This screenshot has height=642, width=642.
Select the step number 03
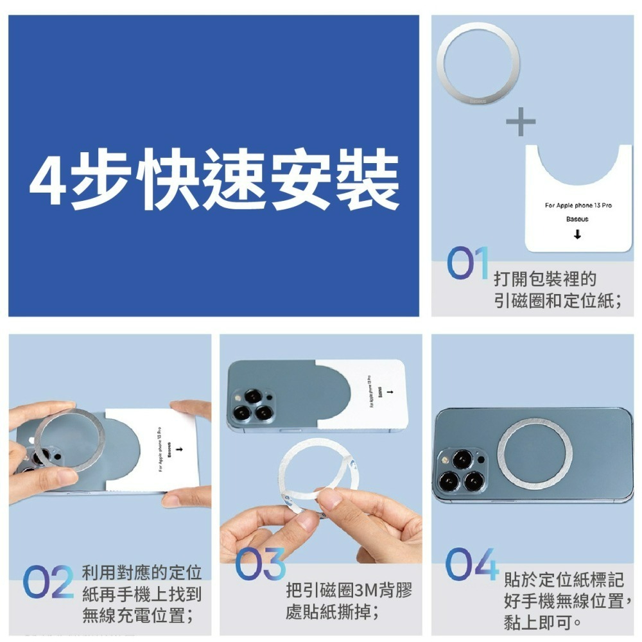[260, 563]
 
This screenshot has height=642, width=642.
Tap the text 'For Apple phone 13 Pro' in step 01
[578, 205]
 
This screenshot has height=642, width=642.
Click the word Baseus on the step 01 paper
[577, 220]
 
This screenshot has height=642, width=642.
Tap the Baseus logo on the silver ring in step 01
[478, 101]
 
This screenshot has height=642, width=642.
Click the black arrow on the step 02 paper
[178, 448]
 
